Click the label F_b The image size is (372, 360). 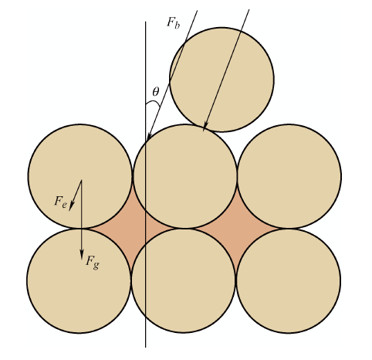[173, 23]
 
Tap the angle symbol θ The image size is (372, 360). [156, 92]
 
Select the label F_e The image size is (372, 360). [61, 202]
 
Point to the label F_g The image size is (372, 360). [93, 262]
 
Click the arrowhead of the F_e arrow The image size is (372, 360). [71, 206]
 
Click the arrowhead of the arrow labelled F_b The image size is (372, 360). [149, 136]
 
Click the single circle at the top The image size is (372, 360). [222, 80]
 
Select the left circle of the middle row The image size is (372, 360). [80, 176]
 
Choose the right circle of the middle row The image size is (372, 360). [289, 176]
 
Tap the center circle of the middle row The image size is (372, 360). [185, 176]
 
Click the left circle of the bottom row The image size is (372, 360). [79, 281]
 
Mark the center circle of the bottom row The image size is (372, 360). [184, 281]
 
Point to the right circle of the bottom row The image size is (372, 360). [289, 281]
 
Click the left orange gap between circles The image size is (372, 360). [132, 229]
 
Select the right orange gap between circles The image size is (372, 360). [237, 229]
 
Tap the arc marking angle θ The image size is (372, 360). [154, 102]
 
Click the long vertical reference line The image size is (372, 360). [146, 185]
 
